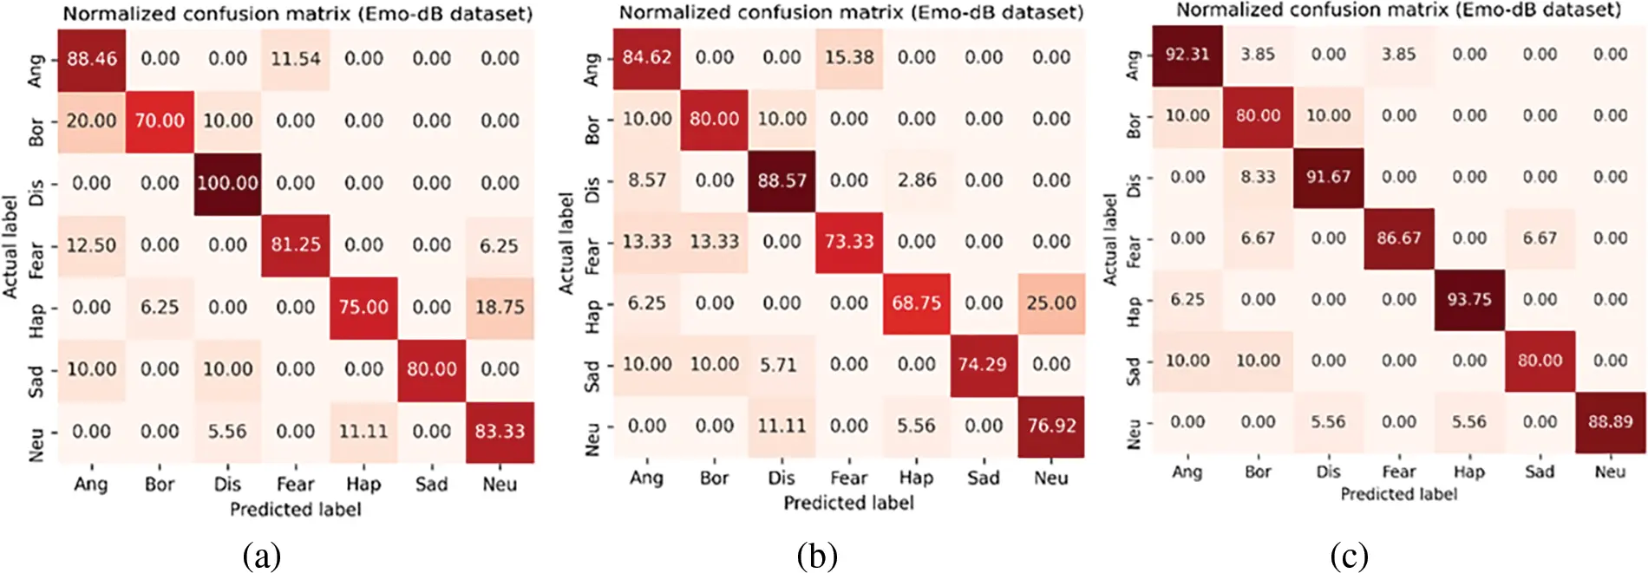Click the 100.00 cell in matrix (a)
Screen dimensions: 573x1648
227,183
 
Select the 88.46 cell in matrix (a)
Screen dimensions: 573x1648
91,59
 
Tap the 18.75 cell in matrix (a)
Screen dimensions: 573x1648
500,308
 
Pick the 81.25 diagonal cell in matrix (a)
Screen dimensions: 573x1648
295,245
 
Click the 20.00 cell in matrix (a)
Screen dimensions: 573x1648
91,121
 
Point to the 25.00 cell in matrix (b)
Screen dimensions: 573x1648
1051,303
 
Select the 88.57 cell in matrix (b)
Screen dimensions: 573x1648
781,180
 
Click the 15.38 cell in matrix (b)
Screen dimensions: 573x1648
849,57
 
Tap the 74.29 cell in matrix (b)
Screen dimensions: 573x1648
983,365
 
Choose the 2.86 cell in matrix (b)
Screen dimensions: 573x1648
916,180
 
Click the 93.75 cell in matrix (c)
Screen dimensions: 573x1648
1468,300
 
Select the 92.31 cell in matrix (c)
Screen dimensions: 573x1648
1187,55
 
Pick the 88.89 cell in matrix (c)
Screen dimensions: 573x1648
1610,422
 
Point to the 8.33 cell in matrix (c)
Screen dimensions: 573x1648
1258,177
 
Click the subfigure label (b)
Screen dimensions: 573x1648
816,556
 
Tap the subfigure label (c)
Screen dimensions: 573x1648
1349,556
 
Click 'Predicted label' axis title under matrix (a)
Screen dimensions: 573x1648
295,510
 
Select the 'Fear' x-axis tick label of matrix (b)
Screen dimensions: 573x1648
848,478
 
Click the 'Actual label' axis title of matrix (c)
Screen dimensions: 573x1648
1109,239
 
